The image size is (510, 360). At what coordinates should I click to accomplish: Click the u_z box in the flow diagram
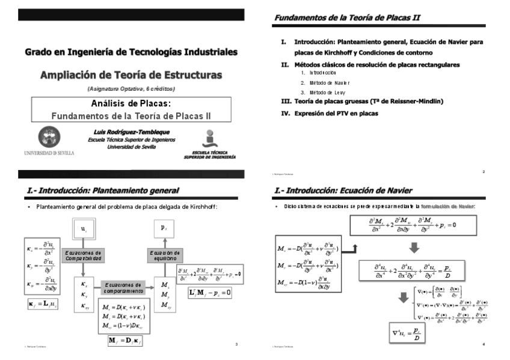click(84, 230)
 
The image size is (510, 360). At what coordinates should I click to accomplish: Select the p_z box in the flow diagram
click(164, 230)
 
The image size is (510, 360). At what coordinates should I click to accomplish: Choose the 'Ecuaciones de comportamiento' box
click(123, 288)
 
